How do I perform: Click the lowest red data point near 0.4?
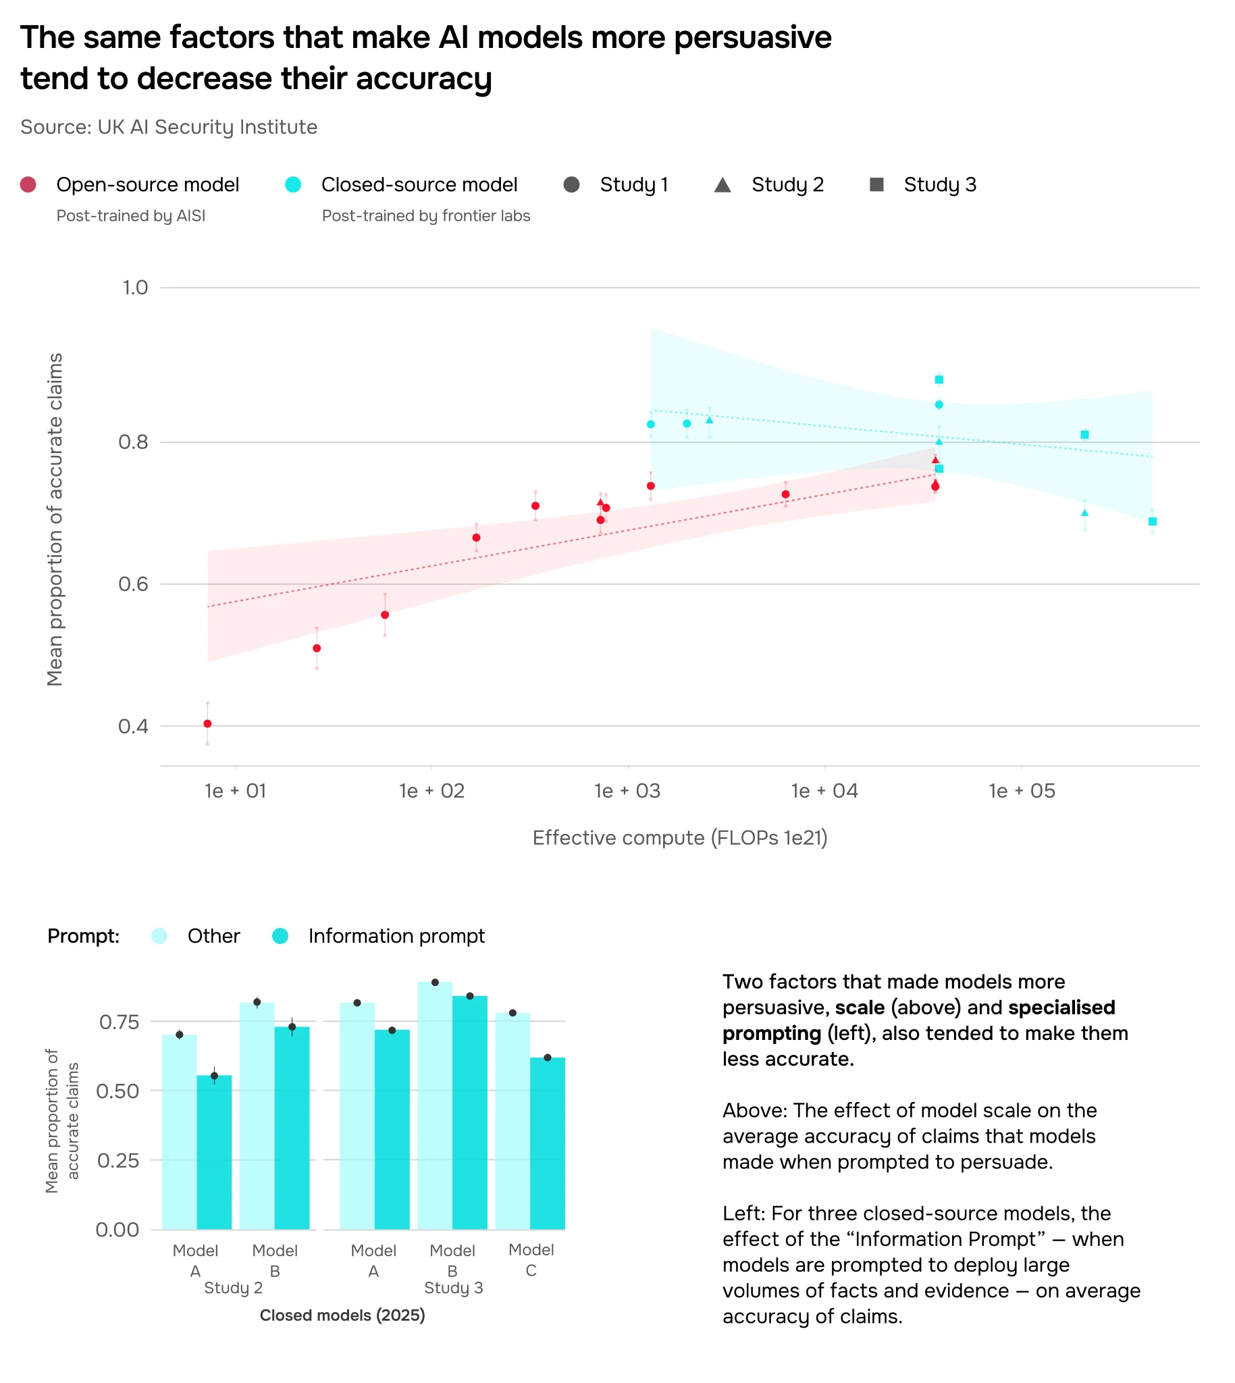pos(208,723)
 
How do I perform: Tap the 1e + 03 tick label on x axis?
pos(627,791)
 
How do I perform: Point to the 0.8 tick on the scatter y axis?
pos(133,442)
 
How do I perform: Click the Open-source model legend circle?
pos(28,184)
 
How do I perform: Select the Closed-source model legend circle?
pos(293,184)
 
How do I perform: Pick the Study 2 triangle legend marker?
pos(722,184)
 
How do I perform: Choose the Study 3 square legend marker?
pos(876,184)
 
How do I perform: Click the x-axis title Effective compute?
pos(679,837)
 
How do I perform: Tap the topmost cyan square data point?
pos(939,380)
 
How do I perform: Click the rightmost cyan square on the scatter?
pos(1152,521)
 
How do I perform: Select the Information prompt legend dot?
pos(280,936)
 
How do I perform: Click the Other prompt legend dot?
pos(159,936)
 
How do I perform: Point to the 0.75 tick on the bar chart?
pos(119,1021)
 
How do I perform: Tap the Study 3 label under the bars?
pos(453,1287)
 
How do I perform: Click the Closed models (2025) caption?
pos(342,1315)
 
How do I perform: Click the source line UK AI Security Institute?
pos(169,127)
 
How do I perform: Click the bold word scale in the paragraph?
pos(860,1007)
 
